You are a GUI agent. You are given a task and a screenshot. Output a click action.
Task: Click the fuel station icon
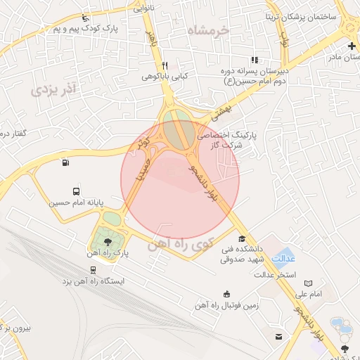(65, 163)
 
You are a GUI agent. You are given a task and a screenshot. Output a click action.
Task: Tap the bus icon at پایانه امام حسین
(76, 191)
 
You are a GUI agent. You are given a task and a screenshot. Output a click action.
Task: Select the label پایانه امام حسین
(76, 202)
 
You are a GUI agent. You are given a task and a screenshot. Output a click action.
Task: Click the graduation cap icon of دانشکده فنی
(242, 239)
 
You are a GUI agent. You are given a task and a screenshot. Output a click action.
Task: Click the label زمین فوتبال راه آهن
(226, 307)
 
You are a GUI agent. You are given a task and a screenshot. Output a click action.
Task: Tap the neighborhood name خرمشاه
(210, 30)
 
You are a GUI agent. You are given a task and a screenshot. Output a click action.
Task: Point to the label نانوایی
(143, 8)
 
